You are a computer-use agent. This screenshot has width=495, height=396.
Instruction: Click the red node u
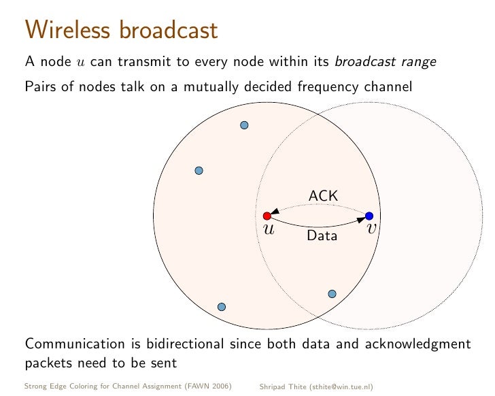click(x=267, y=216)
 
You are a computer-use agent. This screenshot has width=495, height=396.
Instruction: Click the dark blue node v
click(x=369, y=216)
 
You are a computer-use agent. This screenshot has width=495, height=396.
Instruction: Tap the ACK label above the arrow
click(x=323, y=196)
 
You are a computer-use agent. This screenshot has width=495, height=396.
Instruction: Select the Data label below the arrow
click(x=322, y=237)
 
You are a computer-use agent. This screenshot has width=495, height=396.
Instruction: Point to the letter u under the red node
click(x=268, y=229)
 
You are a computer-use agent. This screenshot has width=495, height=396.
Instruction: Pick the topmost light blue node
click(x=245, y=125)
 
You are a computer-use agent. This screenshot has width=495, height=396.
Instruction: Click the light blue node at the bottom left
click(x=221, y=307)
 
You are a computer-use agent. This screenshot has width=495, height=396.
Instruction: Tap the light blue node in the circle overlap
click(x=332, y=294)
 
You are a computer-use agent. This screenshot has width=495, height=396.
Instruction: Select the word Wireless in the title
click(x=68, y=30)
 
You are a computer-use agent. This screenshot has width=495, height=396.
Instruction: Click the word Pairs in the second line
click(x=39, y=87)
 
